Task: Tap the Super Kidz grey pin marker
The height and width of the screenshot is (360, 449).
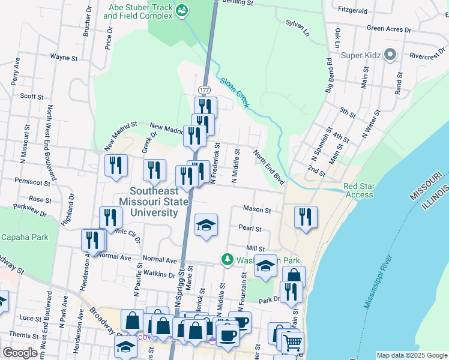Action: click(x=390, y=55)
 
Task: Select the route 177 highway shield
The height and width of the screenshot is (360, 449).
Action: click(x=204, y=89)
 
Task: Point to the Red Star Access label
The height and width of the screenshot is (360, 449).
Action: click(x=359, y=190)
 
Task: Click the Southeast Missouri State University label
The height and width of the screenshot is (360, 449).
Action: click(x=155, y=202)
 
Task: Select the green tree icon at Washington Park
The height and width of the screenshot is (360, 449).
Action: click(x=227, y=260)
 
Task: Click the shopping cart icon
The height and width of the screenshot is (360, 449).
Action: click(x=292, y=343)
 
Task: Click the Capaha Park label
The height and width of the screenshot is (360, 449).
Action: click(x=24, y=237)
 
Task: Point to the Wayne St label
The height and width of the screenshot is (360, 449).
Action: click(x=64, y=58)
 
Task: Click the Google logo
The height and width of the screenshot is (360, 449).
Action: click(x=20, y=353)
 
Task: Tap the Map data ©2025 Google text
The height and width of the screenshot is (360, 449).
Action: click(x=411, y=355)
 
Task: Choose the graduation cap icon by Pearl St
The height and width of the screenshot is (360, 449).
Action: click(x=206, y=225)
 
